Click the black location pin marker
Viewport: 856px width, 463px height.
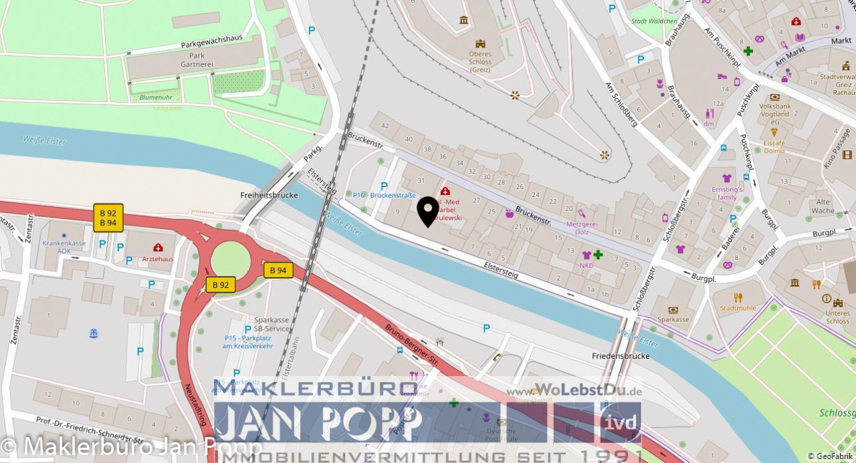pyautogui.click(x=428, y=210)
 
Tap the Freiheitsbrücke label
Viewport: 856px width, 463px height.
pyautogui.click(x=268, y=195)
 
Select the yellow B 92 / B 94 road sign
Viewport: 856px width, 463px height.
pyautogui.click(x=108, y=218)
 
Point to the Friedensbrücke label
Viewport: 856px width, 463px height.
pyautogui.click(x=621, y=356)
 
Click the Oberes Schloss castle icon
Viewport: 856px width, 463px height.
pyautogui.click(x=463, y=20)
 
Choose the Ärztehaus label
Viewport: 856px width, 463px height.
pyautogui.click(x=158, y=259)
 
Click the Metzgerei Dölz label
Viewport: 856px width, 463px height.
pyautogui.click(x=581, y=228)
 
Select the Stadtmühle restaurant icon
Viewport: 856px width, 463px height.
pyautogui.click(x=738, y=297)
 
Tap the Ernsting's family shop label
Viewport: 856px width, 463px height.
pyautogui.click(x=727, y=193)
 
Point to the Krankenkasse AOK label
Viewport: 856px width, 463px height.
pyautogui.click(x=64, y=247)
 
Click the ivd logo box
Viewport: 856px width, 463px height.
pyautogui.click(x=620, y=422)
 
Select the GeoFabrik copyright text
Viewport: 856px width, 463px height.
pyautogui.click(x=831, y=456)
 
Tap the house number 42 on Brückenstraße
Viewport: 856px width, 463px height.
pyautogui.click(x=385, y=125)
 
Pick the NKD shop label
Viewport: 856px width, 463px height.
pyautogui.click(x=586, y=265)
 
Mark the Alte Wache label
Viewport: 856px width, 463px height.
pyautogui.click(x=823, y=206)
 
